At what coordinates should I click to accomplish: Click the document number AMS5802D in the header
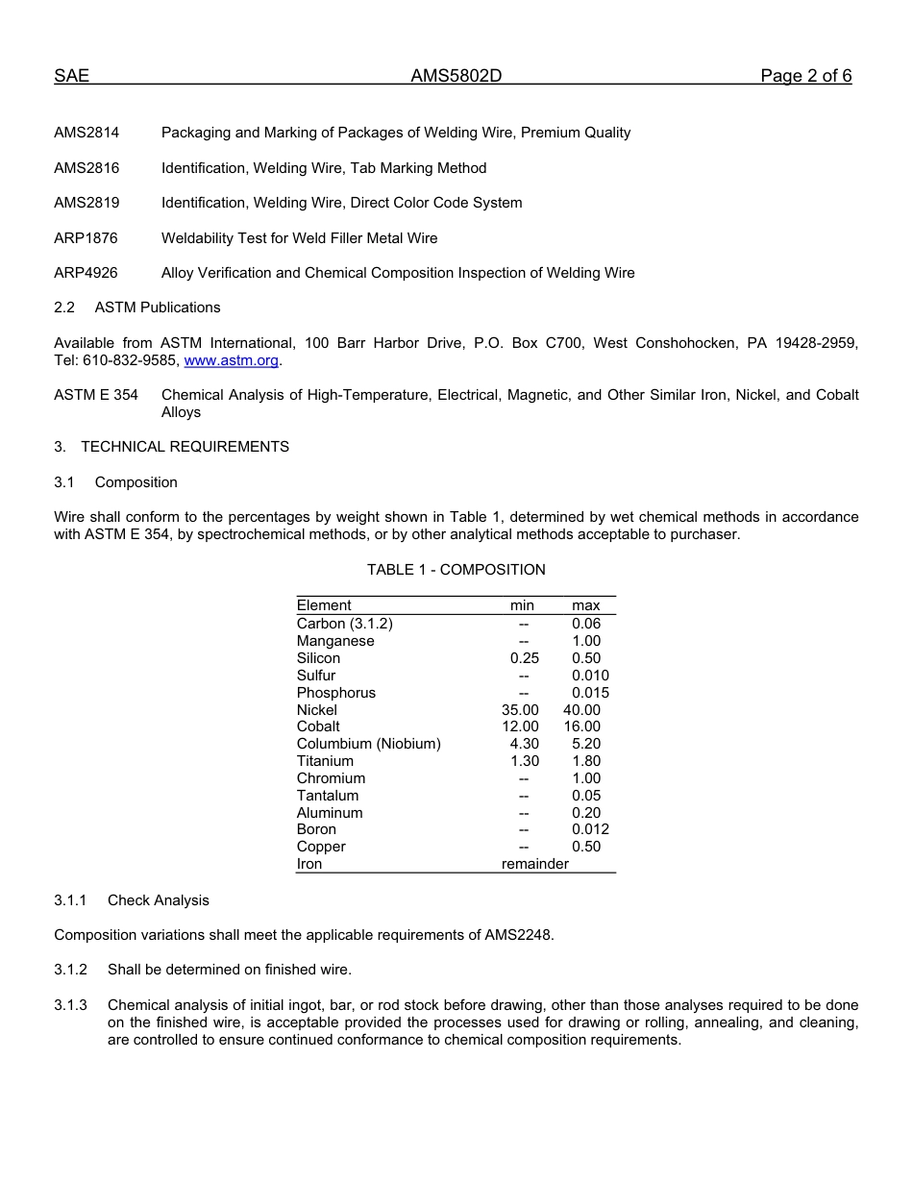456,77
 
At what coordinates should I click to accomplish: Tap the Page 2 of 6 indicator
805,77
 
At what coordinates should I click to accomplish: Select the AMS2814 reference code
86,133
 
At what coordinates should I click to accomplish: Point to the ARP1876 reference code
86,238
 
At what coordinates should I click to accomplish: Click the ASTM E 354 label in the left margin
96,395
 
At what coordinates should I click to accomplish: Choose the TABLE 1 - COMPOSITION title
456,570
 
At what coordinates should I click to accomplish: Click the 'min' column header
522,605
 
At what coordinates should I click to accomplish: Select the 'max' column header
585,605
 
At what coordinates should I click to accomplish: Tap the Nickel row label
317,710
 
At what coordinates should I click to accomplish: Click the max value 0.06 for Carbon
585,624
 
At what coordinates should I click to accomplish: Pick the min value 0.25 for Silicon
524,658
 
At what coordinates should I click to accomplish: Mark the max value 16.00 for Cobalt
581,726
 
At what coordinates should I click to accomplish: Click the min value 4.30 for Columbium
524,744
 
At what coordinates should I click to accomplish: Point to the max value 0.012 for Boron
590,829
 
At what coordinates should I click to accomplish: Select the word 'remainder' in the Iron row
534,864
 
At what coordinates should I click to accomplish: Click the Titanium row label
325,761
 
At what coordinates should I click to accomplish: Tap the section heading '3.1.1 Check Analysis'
132,900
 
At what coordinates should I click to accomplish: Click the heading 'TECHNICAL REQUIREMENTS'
185,447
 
